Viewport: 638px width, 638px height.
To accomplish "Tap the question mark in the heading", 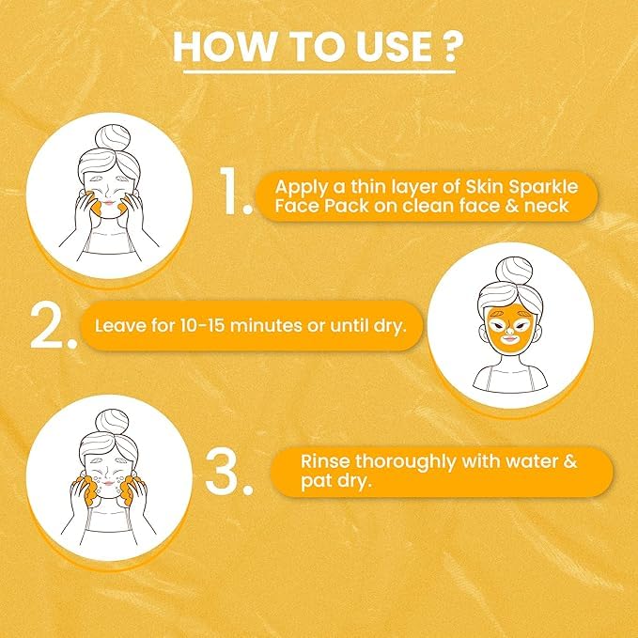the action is click(x=452, y=47).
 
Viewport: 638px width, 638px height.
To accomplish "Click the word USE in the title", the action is click(x=394, y=47).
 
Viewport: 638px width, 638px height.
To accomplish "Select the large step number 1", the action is click(x=235, y=191).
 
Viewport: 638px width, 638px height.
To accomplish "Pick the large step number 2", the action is click(x=54, y=327).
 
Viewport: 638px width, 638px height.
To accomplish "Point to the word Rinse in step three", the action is click(x=325, y=461).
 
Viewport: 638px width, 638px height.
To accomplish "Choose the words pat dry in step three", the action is click(x=336, y=481).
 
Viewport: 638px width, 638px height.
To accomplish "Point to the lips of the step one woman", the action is click(x=109, y=202).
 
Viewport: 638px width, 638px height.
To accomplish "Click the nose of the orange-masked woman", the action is click(x=509, y=328).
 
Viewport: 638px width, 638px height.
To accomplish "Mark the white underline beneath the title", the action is click(x=319, y=72).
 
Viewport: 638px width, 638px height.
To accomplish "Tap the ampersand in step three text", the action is click(x=569, y=461).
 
